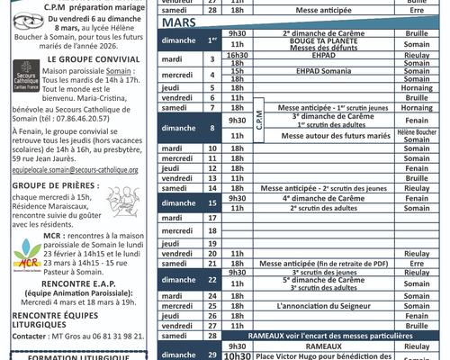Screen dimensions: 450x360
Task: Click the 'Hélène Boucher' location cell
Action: tap(417, 130)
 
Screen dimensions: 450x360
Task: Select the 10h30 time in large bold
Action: tap(237, 355)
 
